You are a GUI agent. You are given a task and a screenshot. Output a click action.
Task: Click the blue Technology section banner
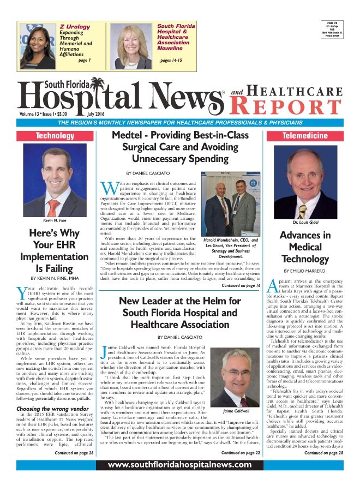pyautogui.click(x=55, y=135)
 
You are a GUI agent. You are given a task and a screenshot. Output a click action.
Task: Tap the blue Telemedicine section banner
pyautogui.click(x=304, y=135)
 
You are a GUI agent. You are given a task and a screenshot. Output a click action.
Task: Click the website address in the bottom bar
pyautogui.click(x=179, y=465)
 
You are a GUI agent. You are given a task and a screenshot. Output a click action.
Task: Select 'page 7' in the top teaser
pyautogui.click(x=85, y=60)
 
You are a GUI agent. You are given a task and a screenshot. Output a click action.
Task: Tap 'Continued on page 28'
pyautogui.click(x=323, y=453)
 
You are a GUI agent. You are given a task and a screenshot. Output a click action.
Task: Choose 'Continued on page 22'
pyautogui.click(x=241, y=453)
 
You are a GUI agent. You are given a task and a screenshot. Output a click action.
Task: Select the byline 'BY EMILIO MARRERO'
pyautogui.click(x=304, y=270)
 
